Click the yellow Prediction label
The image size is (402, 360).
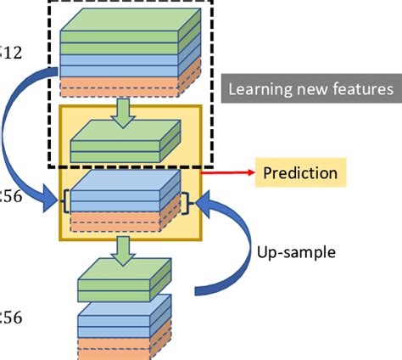click(x=299, y=173)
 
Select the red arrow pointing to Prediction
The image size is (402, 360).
click(x=227, y=173)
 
